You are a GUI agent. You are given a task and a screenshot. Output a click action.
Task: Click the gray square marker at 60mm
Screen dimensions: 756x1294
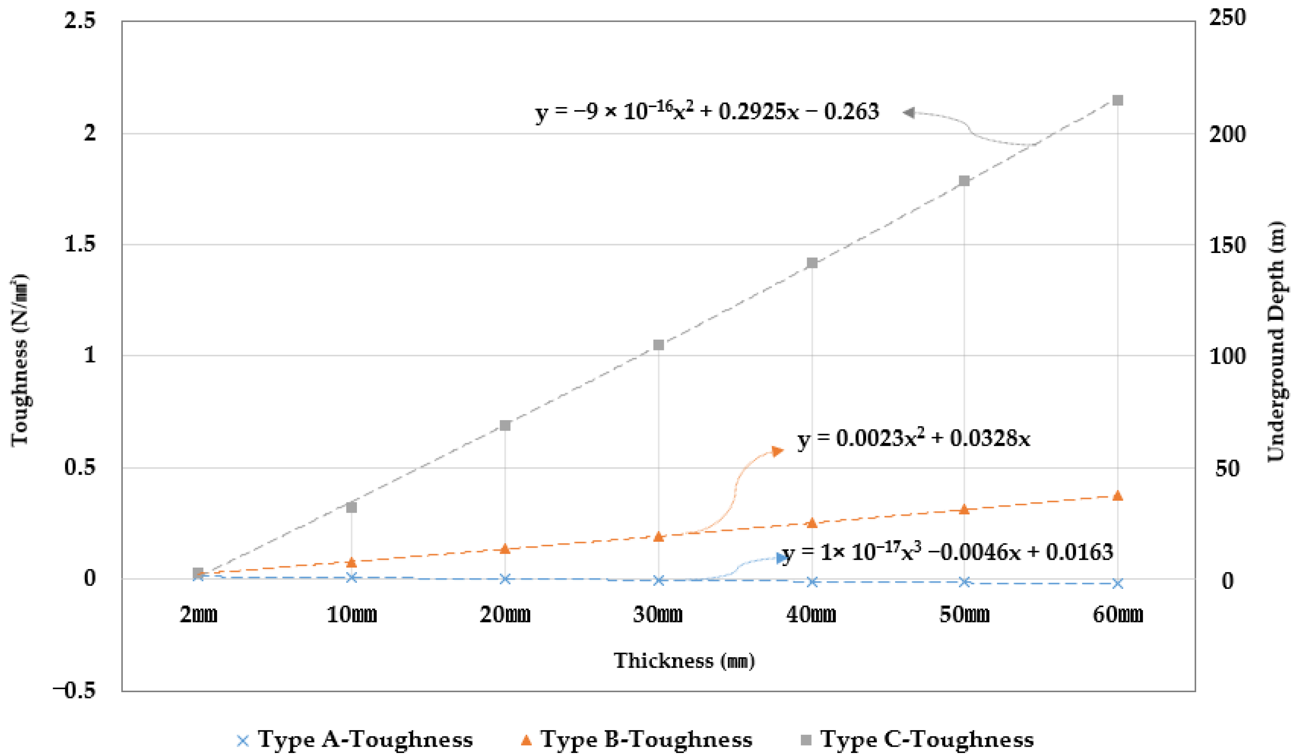click(x=1118, y=100)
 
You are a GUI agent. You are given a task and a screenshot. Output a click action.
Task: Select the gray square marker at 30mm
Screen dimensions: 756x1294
click(x=658, y=345)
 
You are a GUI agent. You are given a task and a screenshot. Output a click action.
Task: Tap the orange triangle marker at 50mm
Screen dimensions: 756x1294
click(x=964, y=509)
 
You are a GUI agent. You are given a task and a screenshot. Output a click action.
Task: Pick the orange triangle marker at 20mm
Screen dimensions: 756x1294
click(x=505, y=549)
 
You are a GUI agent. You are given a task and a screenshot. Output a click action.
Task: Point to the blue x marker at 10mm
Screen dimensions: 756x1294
click(x=352, y=577)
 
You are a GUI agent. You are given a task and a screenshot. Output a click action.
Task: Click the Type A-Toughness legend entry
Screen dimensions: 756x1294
click(x=354, y=740)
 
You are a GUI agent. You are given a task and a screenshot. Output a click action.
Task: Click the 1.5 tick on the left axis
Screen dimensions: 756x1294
click(x=80, y=244)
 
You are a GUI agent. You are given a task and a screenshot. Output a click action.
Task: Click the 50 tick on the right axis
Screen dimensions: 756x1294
click(x=1227, y=468)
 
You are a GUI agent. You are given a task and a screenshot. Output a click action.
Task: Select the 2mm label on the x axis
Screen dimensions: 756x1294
click(x=199, y=614)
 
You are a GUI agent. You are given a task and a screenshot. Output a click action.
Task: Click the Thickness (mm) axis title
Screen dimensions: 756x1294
click(x=684, y=660)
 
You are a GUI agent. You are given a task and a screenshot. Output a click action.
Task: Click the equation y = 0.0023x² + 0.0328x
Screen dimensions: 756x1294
click(x=914, y=439)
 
